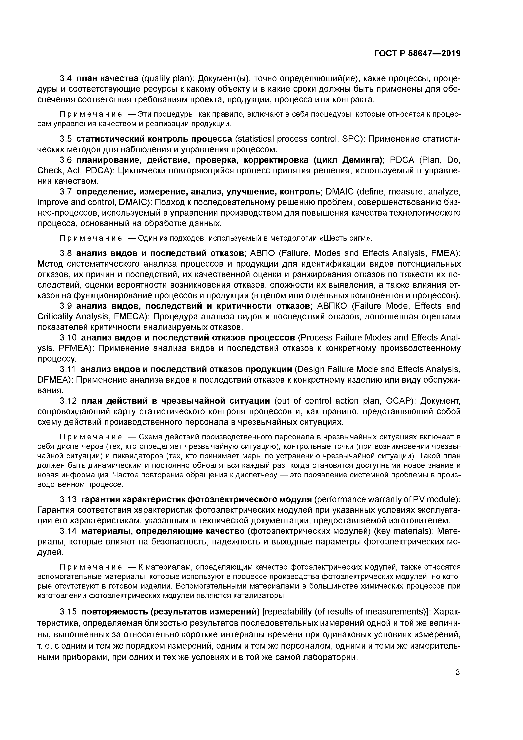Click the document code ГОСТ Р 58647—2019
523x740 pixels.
point(417,54)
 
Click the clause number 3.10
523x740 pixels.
point(68,338)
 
